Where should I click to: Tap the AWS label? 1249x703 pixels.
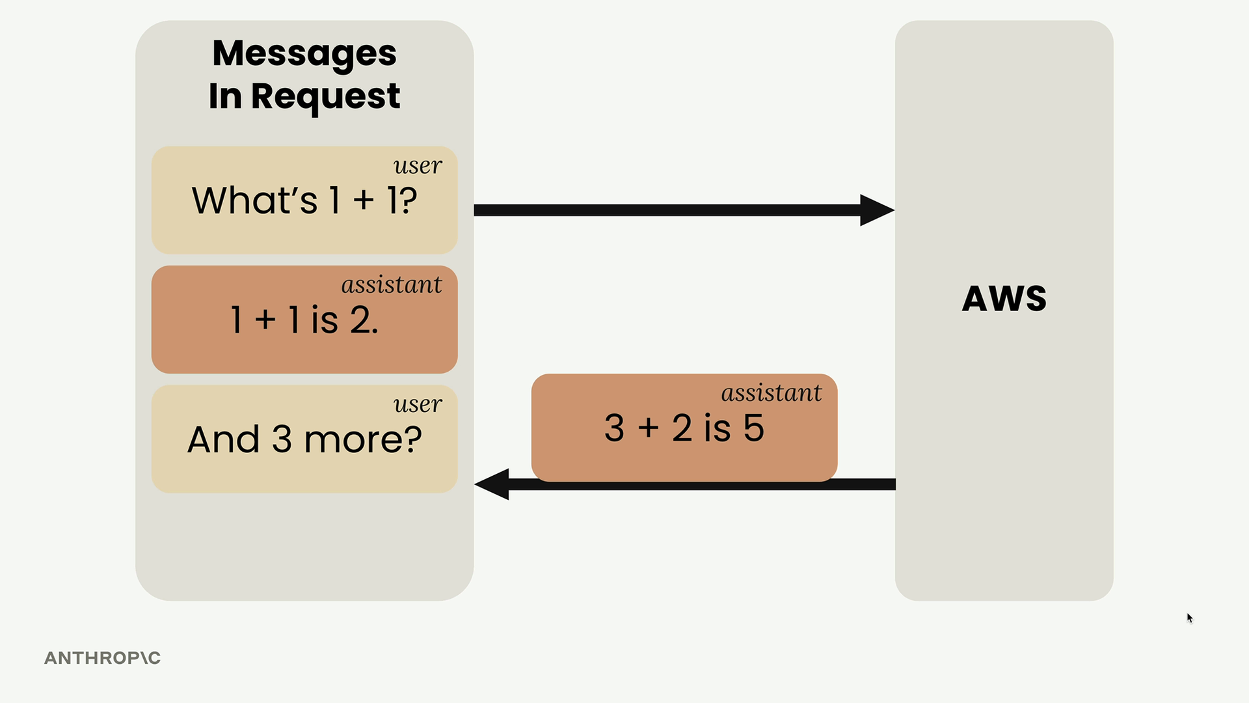tap(1004, 299)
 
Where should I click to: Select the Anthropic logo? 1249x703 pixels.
tap(102, 658)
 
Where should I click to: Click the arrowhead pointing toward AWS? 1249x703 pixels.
tap(877, 210)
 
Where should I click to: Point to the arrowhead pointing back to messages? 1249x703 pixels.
tap(492, 484)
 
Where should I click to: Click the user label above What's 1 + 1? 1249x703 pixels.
tap(418, 166)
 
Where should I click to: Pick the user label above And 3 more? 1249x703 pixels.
tap(418, 405)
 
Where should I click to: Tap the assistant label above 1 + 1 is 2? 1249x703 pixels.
tap(392, 284)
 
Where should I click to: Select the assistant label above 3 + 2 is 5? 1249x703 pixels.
tap(772, 393)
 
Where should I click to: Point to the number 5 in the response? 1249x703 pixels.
tap(754, 428)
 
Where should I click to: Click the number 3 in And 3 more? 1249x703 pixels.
tap(282, 439)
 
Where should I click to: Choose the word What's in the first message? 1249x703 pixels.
tap(254, 200)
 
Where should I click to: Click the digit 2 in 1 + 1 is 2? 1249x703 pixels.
tap(360, 320)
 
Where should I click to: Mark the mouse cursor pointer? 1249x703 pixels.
tap(1190, 618)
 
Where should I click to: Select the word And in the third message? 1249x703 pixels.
tap(224, 439)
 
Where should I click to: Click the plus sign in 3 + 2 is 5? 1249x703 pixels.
tap(648, 428)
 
